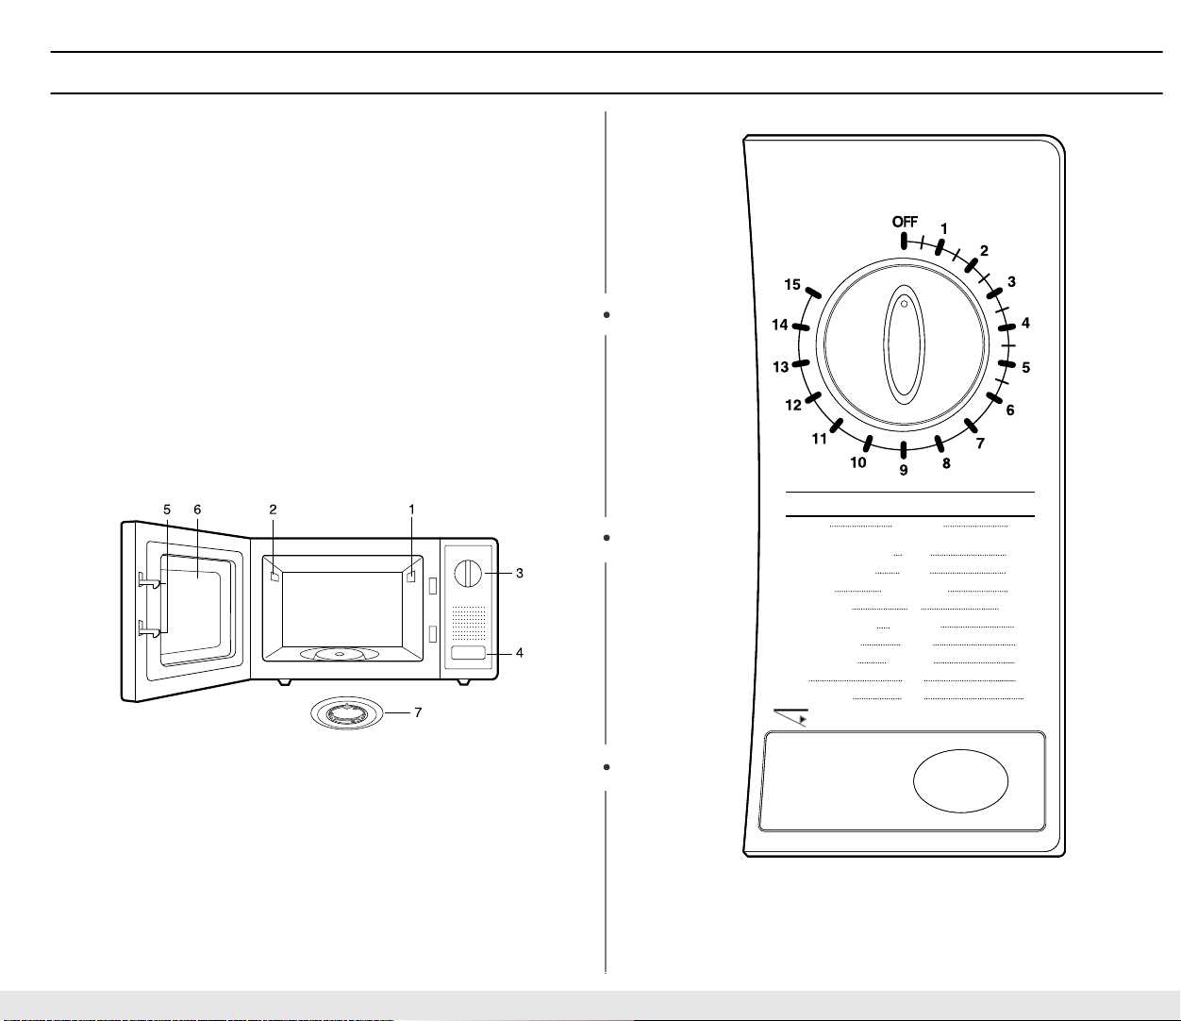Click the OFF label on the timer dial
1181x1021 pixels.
point(905,222)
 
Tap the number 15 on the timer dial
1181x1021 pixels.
point(792,284)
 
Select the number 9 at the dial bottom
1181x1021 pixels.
point(904,470)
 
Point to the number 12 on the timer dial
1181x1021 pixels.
point(793,406)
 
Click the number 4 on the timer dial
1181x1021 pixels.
point(1025,323)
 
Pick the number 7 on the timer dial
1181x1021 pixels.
point(980,444)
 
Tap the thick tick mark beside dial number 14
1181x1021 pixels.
point(802,327)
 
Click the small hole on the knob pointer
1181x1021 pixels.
point(904,304)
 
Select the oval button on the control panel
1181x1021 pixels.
point(960,781)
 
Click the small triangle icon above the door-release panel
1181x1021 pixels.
point(803,718)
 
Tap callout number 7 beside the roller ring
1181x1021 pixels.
point(418,712)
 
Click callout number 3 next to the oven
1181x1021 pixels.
point(520,573)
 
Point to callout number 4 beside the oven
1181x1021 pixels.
point(520,652)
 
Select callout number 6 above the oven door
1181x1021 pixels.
point(198,510)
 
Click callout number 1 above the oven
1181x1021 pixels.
point(411,510)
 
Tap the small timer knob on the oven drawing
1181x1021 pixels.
point(469,574)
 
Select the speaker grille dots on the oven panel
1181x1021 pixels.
point(469,623)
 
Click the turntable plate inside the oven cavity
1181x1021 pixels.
point(340,653)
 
